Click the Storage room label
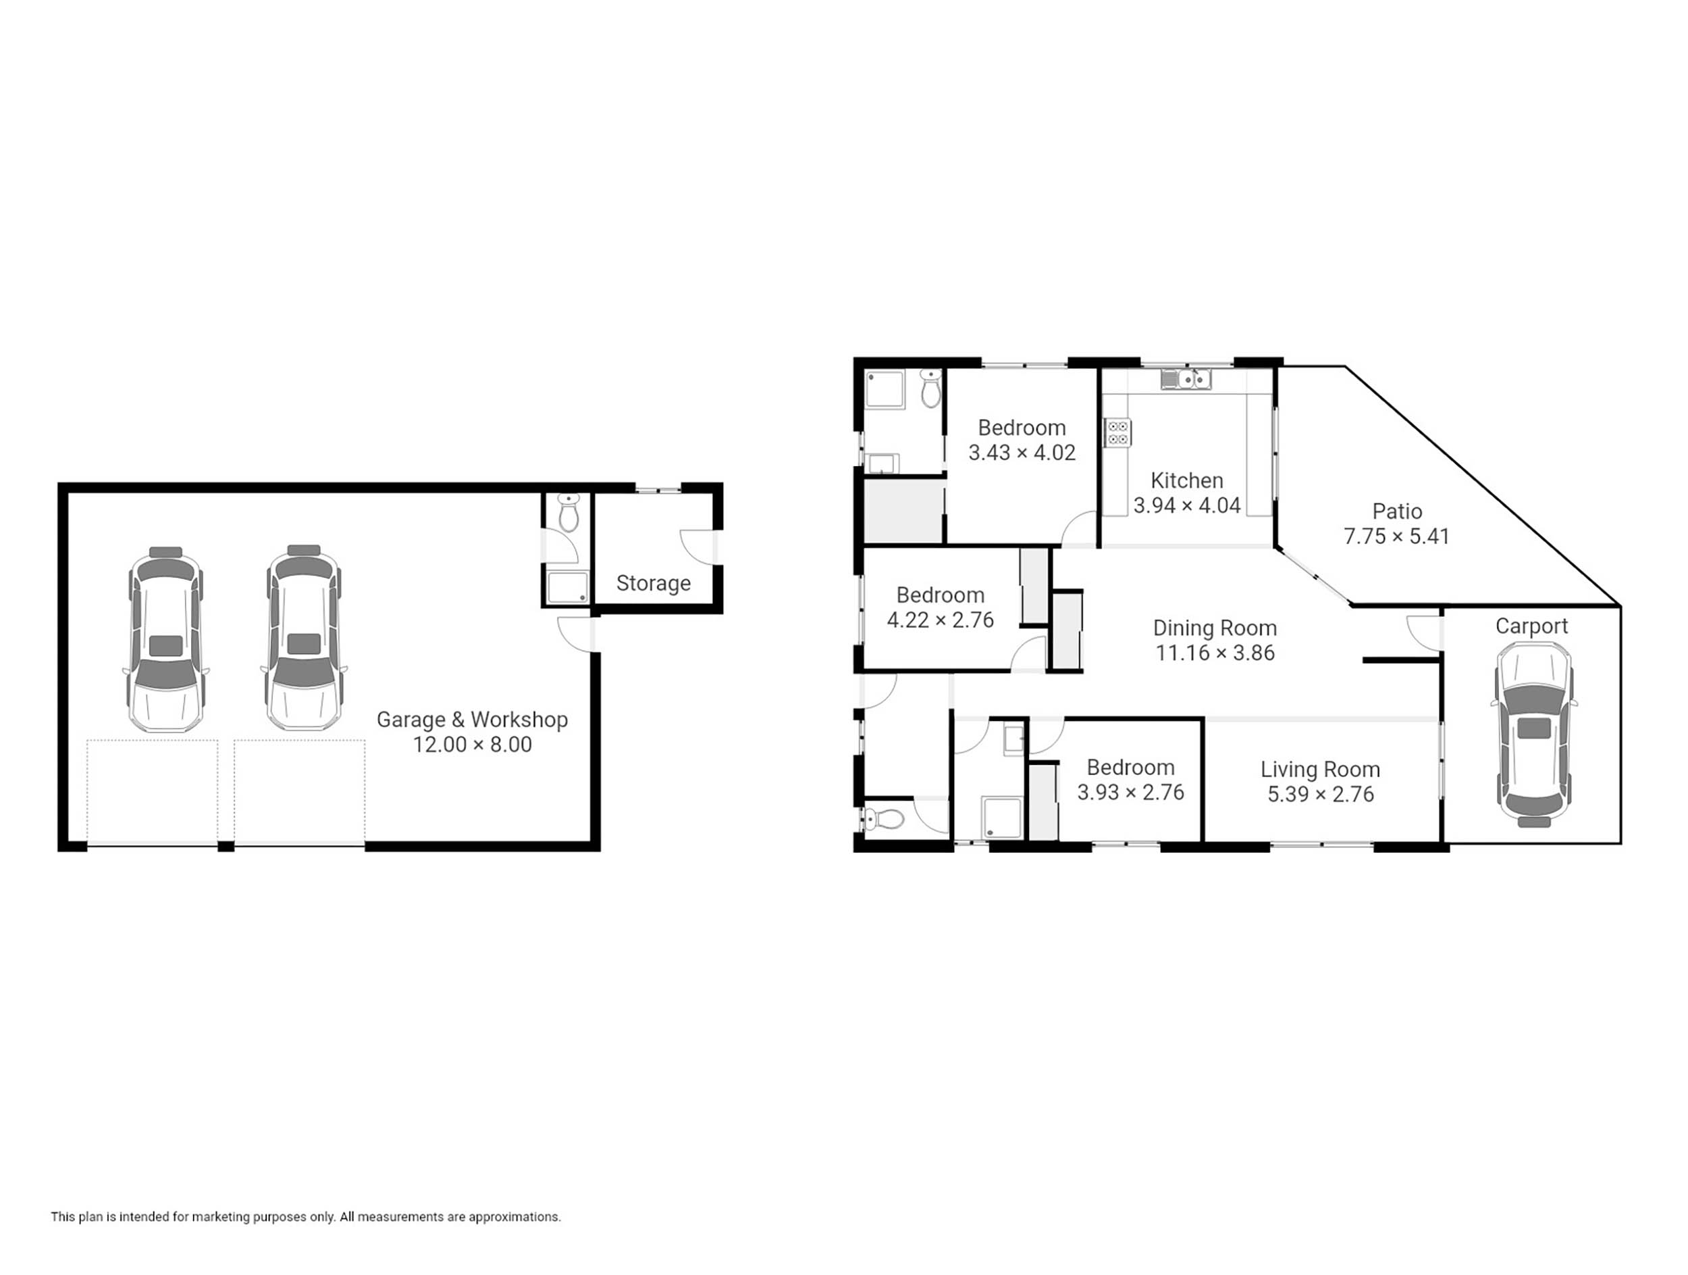pyautogui.click(x=653, y=583)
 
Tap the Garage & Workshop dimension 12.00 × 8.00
pyautogui.click(x=473, y=745)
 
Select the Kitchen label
pyautogui.click(x=1186, y=480)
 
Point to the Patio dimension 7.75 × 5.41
pyautogui.click(x=1396, y=536)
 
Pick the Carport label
pyautogui.click(x=1531, y=626)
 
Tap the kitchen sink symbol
pyautogui.click(x=1186, y=378)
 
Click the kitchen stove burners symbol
pyautogui.click(x=1118, y=432)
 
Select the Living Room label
pyautogui.click(x=1320, y=769)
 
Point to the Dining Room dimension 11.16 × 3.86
pyautogui.click(x=1215, y=653)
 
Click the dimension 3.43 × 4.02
pyautogui.click(x=1022, y=453)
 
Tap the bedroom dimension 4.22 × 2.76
pyautogui.click(x=940, y=620)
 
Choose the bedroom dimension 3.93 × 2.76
pyautogui.click(x=1130, y=793)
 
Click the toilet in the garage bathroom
pyautogui.click(x=569, y=512)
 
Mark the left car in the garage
pyautogui.click(x=165, y=639)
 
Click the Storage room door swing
pyautogui.click(x=697, y=547)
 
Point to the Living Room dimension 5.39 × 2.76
pyautogui.click(x=1320, y=794)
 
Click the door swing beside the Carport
pyautogui.click(x=1424, y=633)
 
